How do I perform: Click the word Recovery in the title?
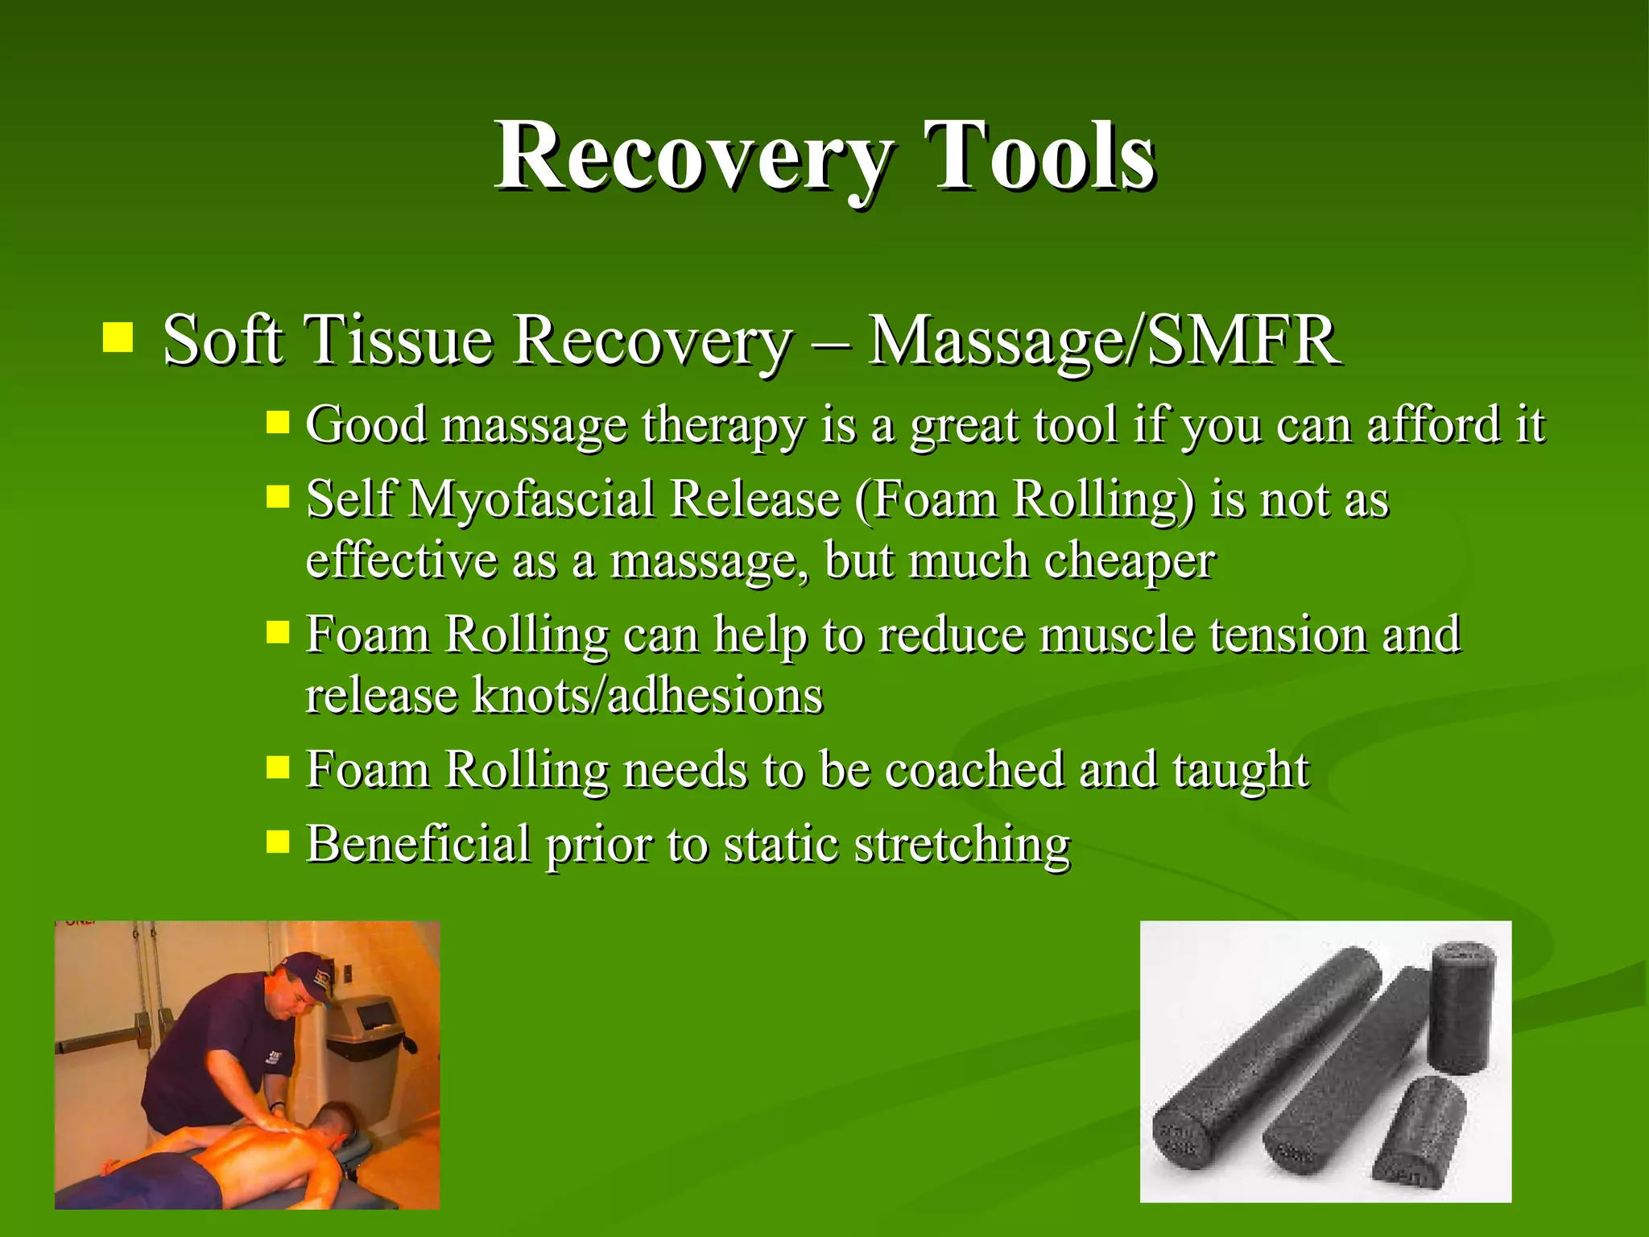coord(692,157)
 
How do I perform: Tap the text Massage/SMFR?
coord(1103,341)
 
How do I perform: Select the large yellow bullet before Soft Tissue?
coord(118,338)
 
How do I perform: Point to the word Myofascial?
coord(531,499)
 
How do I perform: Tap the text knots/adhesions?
coord(647,696)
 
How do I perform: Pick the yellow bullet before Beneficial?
coord(278,842)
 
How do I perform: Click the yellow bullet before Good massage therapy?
coord(278,422)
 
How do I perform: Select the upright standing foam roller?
coord(1461,1007)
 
